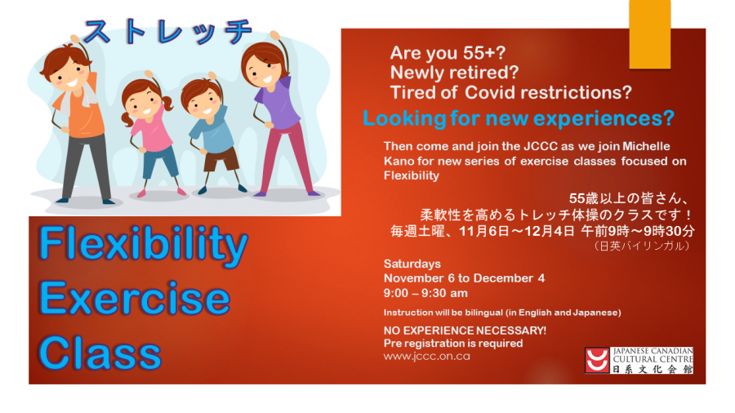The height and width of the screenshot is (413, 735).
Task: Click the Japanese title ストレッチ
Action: point(167,32)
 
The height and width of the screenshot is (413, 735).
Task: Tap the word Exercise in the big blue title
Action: point(135,299)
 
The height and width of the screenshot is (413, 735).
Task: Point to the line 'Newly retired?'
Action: point(449,73)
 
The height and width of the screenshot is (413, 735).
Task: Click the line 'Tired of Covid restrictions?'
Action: point(511,91)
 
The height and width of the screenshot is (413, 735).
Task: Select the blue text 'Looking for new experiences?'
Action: point(518,118)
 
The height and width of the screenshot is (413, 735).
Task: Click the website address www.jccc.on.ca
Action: point(426,356)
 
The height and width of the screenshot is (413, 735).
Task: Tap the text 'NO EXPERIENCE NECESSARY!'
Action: point(465,331)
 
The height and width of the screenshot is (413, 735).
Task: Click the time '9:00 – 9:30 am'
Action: point(425,292)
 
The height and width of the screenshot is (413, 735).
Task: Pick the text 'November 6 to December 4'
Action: point(464,278)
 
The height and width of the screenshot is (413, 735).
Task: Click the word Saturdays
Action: point(412,264)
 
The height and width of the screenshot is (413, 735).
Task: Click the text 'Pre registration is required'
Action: point(453,344)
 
